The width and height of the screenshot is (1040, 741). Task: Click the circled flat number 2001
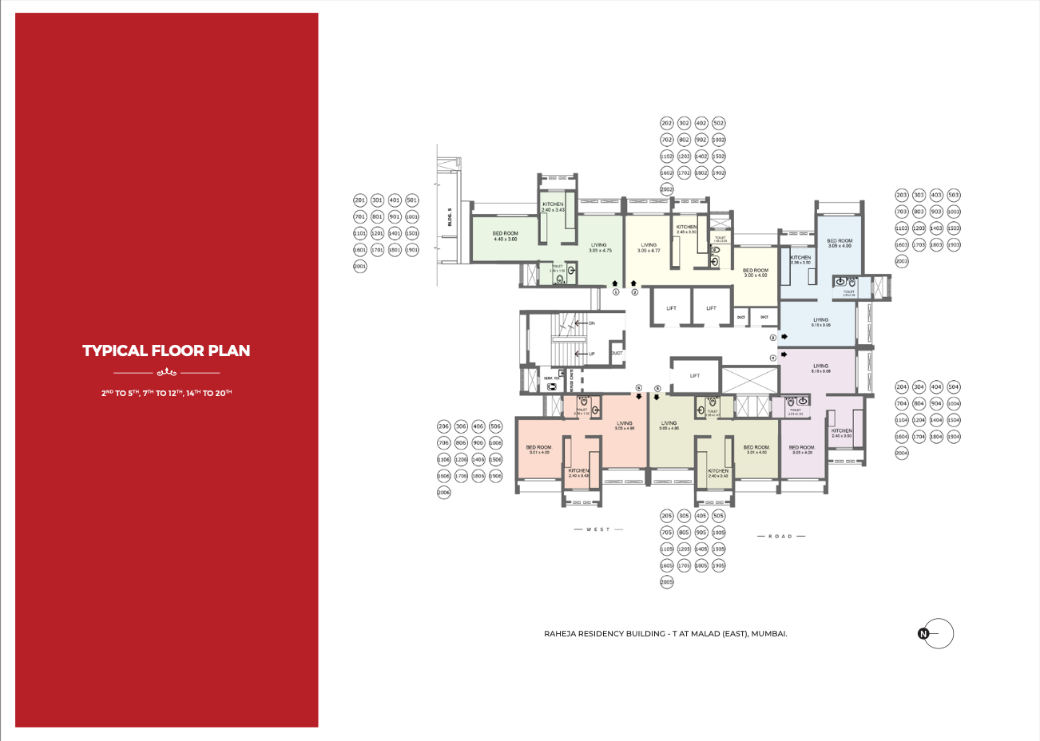pos(360,267)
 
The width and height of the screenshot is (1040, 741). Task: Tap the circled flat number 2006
pos(444,493)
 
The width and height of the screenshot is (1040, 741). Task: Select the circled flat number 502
pos(719,123)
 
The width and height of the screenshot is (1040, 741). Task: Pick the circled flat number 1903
pos(954,245)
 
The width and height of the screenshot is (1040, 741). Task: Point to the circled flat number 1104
pos(902,420)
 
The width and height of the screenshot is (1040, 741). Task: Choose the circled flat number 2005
pos(667,582)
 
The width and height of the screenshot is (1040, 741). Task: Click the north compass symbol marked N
pos(924,634)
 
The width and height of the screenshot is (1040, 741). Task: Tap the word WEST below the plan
pos(597,529)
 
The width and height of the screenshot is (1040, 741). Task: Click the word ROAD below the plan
pos(780,537)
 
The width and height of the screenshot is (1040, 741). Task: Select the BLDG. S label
pos(450,217)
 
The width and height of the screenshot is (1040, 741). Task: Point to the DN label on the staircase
pos(592,323)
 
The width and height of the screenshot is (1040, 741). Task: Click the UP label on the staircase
pos(592,354)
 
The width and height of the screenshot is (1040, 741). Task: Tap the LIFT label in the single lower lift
pos(695,375)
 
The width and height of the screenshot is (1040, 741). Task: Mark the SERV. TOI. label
pos(552,378)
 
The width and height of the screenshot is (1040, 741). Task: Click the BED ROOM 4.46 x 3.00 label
pos(505,236)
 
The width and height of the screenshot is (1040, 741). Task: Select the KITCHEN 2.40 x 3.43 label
pos(553,207)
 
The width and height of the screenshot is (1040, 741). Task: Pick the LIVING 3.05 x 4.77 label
pos(649,248)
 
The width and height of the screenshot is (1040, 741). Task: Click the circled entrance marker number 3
pos(773,338)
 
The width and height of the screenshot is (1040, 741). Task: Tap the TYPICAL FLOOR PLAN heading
pos(166,351)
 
